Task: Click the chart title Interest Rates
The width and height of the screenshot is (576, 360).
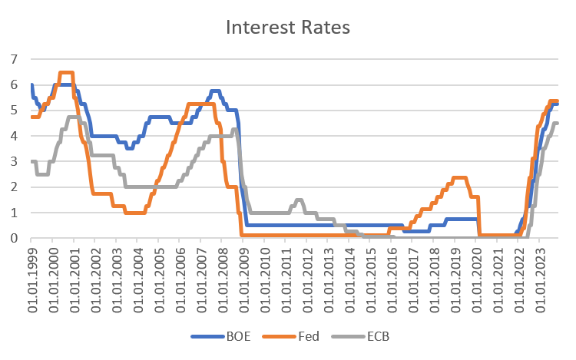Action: [287, 28]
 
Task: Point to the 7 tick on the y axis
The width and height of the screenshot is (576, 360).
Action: [13, 59]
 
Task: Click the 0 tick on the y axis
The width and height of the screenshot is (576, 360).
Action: [13, 238]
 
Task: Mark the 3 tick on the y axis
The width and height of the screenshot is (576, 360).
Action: [13, 161]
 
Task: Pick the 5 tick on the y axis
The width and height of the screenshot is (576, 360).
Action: [13, 110]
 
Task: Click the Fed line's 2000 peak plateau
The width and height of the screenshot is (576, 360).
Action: [66, 73]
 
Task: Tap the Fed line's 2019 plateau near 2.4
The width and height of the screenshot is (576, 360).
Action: [459, 178]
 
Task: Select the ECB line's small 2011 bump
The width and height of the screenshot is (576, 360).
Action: [299, 200]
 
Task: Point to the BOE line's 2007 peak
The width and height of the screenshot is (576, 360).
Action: [215, 91]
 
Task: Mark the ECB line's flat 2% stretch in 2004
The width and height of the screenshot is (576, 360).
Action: [142, 187]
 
